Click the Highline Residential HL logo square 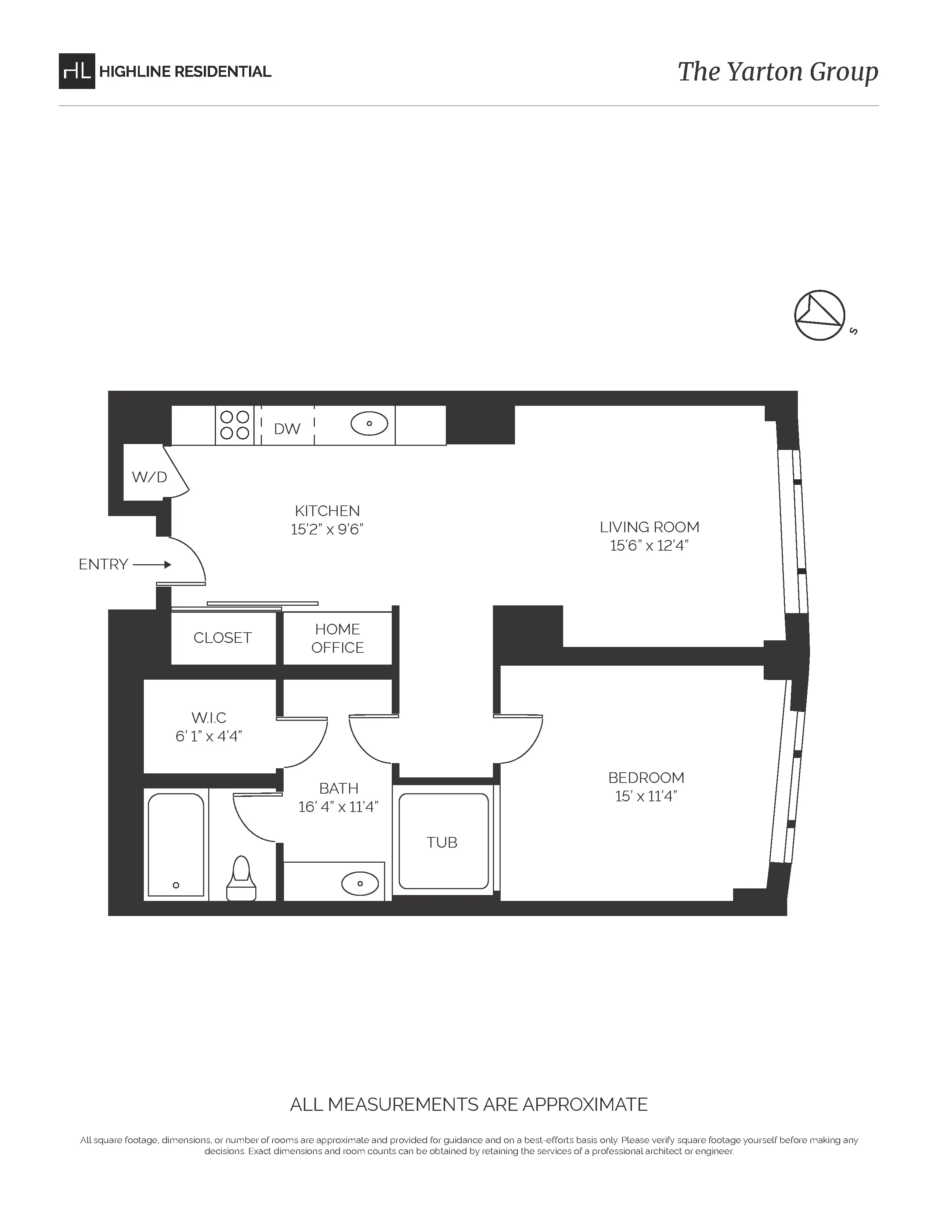click(x=77, y=71)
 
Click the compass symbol click(x=820, y=315)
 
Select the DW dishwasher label click(x=287, y=429)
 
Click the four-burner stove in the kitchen click(x=235, y=425)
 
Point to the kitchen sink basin click(x=369, y=424)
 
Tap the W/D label click(x=149, y=476)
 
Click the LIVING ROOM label click(x=649, y=527)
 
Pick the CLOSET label click(x=222, y=638)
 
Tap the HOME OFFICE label click(x=337, y=638)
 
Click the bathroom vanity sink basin click(x=359, y=883)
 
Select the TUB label click(x=442, y=842)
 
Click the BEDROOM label click(x=646, y=777)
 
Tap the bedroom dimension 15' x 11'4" click(x=646, y=797)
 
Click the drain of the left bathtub click(x=176, y=885)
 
